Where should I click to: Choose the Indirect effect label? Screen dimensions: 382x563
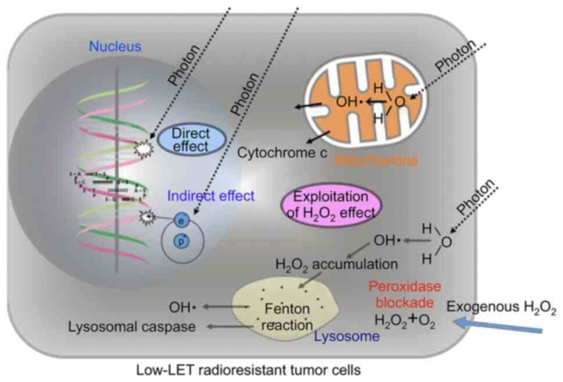pos(210,196)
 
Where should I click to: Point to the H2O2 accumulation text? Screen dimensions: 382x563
pos(336,264)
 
